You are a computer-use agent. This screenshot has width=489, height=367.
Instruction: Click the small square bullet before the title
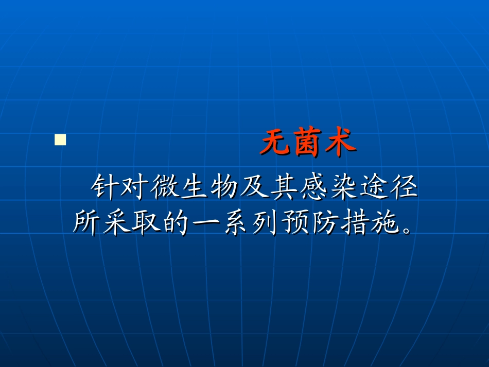click(x=61, y=140)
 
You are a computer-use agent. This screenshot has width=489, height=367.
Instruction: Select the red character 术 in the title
click(x=340, y=142)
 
